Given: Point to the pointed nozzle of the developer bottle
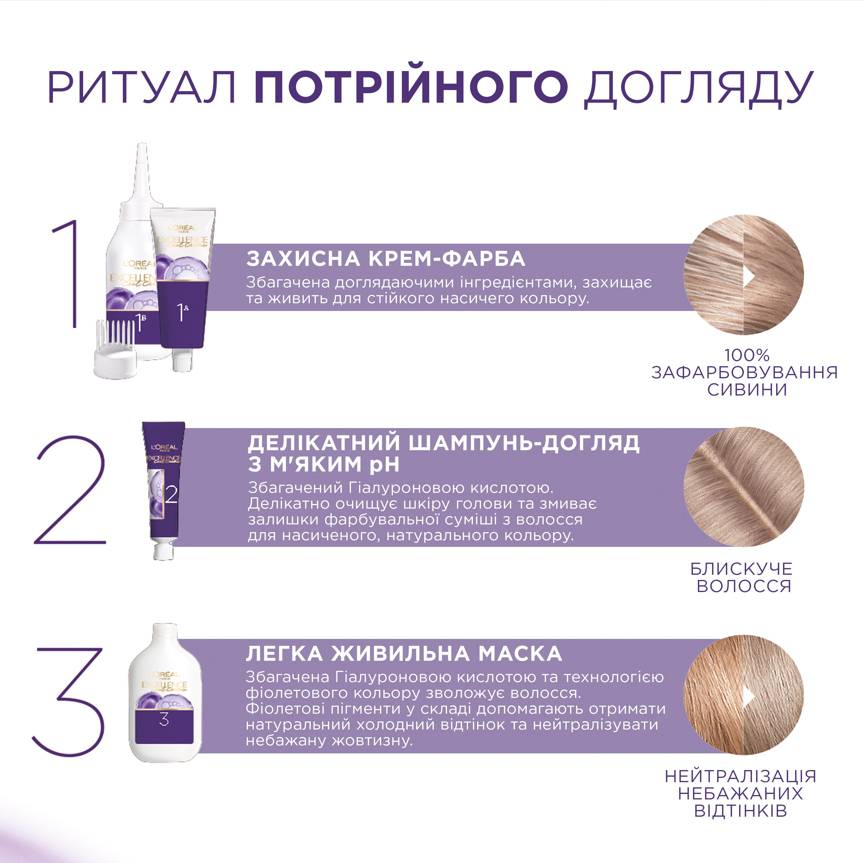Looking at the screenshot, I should (142, 170).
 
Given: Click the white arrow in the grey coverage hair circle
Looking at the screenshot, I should (749, 277).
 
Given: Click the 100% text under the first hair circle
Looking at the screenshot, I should (746, 356).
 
